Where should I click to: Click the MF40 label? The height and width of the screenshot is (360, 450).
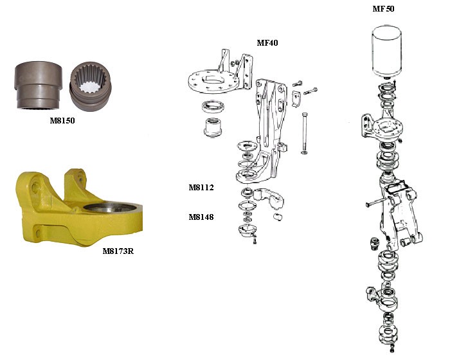pyautogui.click(x=267, y=43)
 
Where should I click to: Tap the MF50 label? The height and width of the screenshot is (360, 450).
pyautogui.click(x=383, y=8)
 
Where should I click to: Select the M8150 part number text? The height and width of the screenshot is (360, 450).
pyautogui.click(x=62, y=120)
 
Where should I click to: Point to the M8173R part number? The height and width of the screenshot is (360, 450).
pyautogui.click(x=118, y=251)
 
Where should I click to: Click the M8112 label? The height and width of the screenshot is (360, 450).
pyautogui.click(x=201, y=188)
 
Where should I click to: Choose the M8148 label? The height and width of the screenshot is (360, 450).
pyautogui.click(x=201, y=217)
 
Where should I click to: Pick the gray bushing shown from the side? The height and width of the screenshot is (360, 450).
pyautogui.click(x=38, y=85)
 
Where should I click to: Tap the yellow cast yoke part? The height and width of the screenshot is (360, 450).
pyautogui.click(x=78, y=208)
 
